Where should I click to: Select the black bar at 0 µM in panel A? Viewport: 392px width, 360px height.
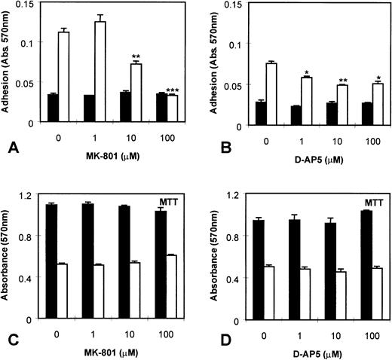pos(52,108)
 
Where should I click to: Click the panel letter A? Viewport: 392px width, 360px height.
pos(11,147)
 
